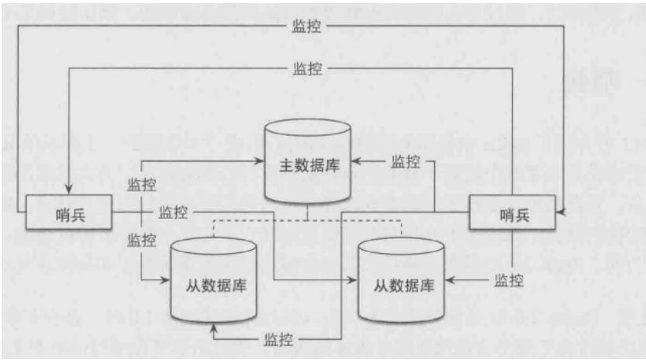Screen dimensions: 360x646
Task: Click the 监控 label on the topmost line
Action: coord(308,26)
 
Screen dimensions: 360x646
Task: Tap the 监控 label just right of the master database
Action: coord(406,162)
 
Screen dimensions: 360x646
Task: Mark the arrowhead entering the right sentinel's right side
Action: coord(561,211)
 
